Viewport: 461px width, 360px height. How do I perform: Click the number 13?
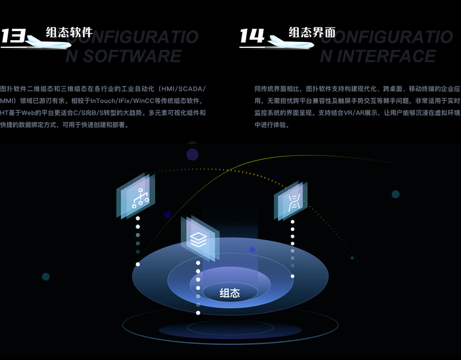click(13, 36)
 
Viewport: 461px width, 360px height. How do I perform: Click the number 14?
click(252, 36)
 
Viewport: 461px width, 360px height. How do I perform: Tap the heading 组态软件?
click(69, 32)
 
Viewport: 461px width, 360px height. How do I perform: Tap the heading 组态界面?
click(312, 32)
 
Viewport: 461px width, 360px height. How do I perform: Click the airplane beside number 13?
click(46, 41)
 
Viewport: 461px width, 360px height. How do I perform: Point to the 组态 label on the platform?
click(230, 293)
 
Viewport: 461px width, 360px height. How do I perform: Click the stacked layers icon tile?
click(199, 239)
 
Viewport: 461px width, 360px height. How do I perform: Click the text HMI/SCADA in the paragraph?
click(180, 89)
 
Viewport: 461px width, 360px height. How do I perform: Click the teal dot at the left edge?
click(46, 277)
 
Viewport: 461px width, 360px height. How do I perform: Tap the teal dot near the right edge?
click(396, 194)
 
